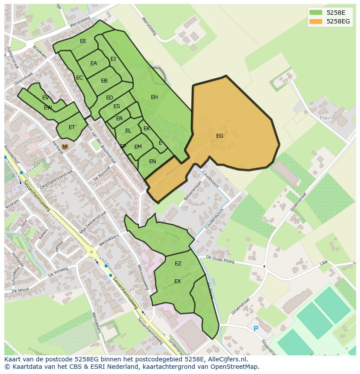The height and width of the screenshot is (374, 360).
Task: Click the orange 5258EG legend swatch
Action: pos(316,21)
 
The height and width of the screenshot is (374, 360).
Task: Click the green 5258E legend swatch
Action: pos(316,13)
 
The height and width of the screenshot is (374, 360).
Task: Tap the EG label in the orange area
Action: pos(220,136)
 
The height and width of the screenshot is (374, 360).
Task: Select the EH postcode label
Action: pos(154,97)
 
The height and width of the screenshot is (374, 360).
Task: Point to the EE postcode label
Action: pos(83,41)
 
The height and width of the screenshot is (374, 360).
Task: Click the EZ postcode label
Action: pos(178,264)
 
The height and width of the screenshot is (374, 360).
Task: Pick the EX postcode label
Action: pos(177,281)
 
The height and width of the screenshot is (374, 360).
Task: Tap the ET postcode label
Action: pos(72,127)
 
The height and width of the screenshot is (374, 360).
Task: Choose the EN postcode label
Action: pos(153,162)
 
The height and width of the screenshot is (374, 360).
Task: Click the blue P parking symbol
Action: pos(256,329)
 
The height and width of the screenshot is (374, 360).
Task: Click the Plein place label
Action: pos(326,118)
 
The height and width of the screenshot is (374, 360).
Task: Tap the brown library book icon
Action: pos(65,147)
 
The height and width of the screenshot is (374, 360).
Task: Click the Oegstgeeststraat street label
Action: pos(56,179)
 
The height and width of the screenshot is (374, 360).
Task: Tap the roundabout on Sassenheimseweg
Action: pos(91,251)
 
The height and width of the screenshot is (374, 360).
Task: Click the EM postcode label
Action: pos(138,147)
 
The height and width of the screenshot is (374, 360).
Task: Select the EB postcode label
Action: pos(104,81)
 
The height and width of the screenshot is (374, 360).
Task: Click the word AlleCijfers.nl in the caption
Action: pos(226,359)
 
